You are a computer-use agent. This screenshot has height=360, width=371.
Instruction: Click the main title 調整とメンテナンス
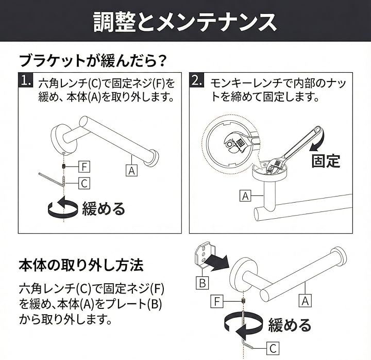[185, 22]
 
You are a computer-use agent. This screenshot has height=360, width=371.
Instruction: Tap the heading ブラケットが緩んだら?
[93, 61]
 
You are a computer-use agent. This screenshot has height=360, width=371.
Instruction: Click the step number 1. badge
[26, 80]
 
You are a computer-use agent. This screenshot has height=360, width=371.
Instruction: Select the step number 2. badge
[197, 80]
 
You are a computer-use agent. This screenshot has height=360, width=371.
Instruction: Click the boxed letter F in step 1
[84, 167]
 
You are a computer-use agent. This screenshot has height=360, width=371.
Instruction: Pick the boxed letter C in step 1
[84, 183]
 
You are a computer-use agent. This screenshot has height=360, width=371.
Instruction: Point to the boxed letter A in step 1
[131, 170]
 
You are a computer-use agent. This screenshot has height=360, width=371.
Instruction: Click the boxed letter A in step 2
[245, 196]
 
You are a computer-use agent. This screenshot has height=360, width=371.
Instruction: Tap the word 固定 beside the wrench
[326, 161]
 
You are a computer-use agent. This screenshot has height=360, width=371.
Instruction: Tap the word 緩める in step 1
[104, 209]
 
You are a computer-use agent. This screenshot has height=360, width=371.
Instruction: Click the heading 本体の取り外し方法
[81, 265]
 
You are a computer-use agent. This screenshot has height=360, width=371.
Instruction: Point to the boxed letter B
[203, 283]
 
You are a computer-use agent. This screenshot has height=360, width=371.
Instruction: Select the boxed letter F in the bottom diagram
[217, 302]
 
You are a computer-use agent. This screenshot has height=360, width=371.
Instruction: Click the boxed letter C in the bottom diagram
[273, 348]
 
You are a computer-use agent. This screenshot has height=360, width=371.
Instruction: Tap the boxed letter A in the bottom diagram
[305, 301]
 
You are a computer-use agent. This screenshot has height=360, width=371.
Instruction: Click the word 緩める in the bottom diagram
[290, 325]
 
